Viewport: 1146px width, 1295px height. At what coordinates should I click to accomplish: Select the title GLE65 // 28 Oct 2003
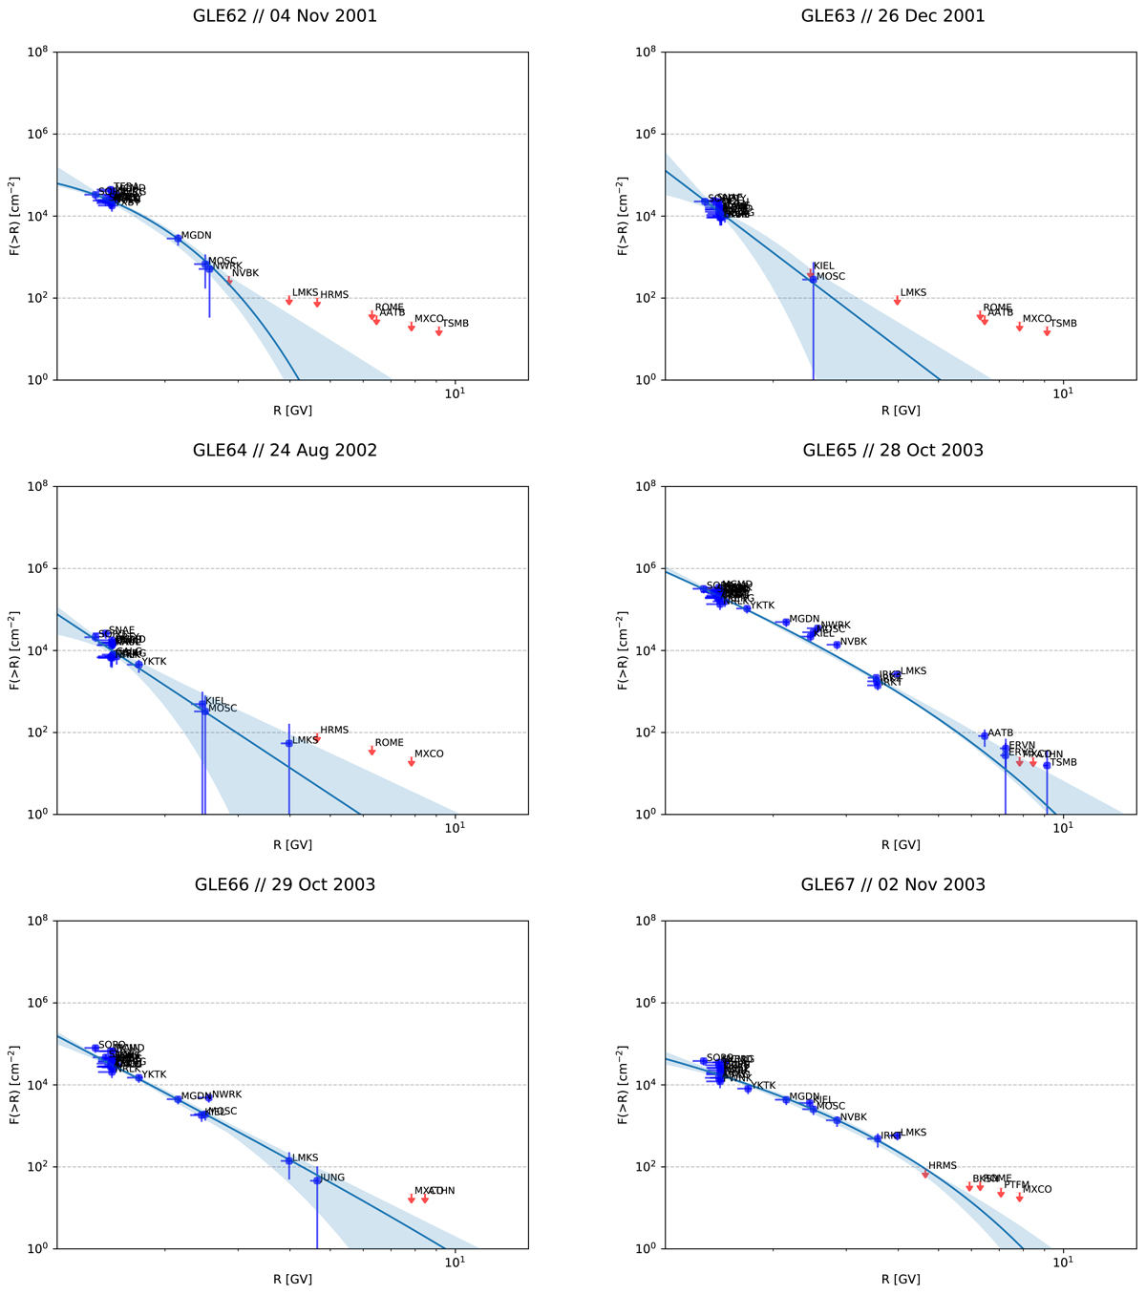click(892, 451)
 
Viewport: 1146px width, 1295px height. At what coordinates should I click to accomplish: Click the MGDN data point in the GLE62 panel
click(178, 238)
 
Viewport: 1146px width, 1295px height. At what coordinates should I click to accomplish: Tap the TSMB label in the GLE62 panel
click(456, 324)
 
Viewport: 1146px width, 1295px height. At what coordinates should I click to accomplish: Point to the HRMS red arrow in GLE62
click(317, 303)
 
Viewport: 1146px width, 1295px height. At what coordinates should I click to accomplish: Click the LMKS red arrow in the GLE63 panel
click(897, 300)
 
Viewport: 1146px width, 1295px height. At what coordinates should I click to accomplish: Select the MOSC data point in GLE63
click(813, 279)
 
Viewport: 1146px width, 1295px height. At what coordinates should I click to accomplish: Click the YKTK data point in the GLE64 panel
click(138, 665)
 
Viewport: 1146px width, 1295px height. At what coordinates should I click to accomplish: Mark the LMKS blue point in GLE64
click(288, 743)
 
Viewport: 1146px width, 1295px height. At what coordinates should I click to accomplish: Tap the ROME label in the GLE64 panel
click(389, 743)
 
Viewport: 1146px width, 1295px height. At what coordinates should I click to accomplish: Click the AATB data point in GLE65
click(984, 735)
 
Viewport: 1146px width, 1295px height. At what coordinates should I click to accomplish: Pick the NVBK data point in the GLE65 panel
click(837, 645)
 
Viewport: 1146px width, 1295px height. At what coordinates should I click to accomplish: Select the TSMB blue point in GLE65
click(1047, 765)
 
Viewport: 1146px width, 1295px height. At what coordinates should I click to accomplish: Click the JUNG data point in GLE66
click(317, 1180)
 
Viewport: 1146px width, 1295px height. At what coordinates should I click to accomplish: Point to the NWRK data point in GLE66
click(208, 1097)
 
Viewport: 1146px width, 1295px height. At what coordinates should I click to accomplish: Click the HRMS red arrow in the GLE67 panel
click(924, 1174)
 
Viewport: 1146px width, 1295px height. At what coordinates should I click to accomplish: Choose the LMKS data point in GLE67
click(897, 1135)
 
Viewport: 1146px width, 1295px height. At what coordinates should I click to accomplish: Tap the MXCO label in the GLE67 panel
click(1037, 1190)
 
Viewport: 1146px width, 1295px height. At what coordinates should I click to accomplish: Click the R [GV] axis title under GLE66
click(292, 1280)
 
